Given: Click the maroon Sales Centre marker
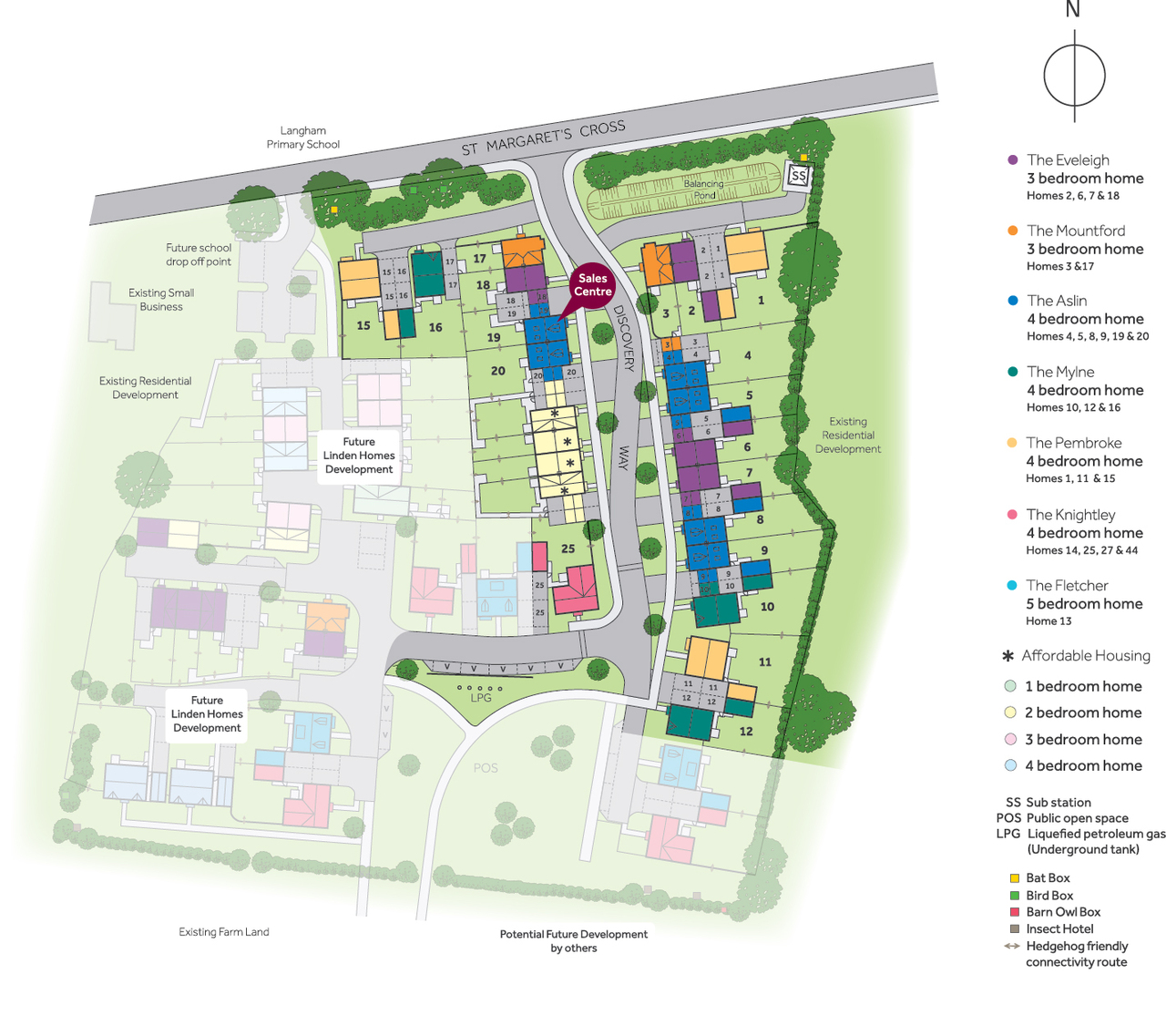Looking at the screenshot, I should click(592, 285).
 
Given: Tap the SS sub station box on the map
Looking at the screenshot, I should click(799, 176).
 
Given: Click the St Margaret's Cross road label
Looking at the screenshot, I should click(543, 138).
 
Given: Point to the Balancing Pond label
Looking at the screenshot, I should click(703, 189).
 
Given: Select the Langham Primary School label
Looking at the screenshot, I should click(302, 138).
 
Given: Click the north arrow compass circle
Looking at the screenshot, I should click(1074, 77).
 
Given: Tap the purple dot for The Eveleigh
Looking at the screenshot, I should click(1012, 159).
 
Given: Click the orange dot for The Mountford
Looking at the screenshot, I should click(1012, 231).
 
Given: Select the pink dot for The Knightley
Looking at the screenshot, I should click(1012, 515).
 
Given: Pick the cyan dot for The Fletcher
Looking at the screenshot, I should click(1012, 586).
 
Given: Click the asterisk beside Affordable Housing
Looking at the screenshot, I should click(1008, 656).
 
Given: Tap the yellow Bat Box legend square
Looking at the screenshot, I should click(1014, 878).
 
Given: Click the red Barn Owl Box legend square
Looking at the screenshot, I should click(1014, 912).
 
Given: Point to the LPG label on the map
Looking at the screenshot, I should click(481, 698).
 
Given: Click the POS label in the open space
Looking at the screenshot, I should click(486, 768).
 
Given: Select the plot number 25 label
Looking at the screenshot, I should click(568, 549).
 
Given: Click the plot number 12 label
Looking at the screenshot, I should click(746, 731).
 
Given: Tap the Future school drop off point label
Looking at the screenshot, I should click(199, 254).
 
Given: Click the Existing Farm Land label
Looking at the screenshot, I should click(224, 932).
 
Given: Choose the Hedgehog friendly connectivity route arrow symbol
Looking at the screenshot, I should click(1012, 946).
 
